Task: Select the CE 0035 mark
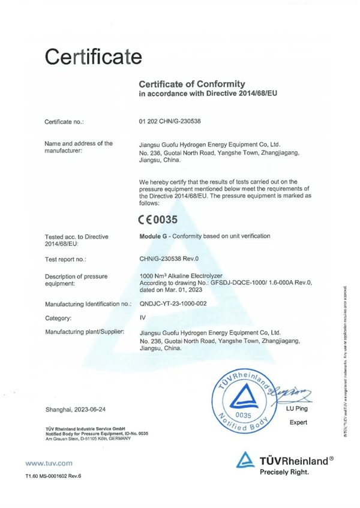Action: (x=158, y=220)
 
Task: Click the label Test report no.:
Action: (x=65, y=260)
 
